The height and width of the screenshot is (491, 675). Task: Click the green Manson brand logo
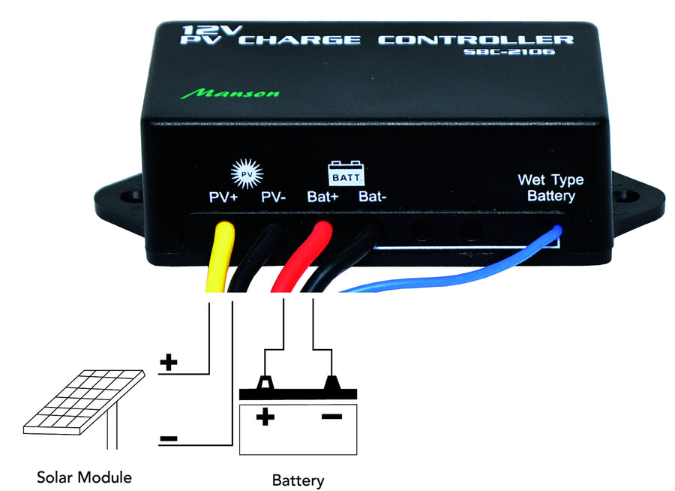tap(230, 94)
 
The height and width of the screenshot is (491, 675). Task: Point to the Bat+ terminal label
tap(323, 198)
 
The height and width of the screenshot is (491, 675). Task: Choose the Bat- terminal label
tap(373, 198)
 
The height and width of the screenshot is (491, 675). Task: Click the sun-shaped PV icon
tap(247, 174)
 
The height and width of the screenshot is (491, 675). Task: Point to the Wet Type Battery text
tap(550, 188)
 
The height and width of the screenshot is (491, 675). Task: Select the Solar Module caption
tap(85, 477)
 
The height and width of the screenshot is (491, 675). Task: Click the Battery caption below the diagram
tap(298, 480)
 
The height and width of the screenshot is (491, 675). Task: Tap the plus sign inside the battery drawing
tap(263, 417)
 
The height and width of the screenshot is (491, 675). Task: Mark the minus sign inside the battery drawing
tap(331, 416)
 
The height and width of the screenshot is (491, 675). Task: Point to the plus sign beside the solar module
tap(169, 363)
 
